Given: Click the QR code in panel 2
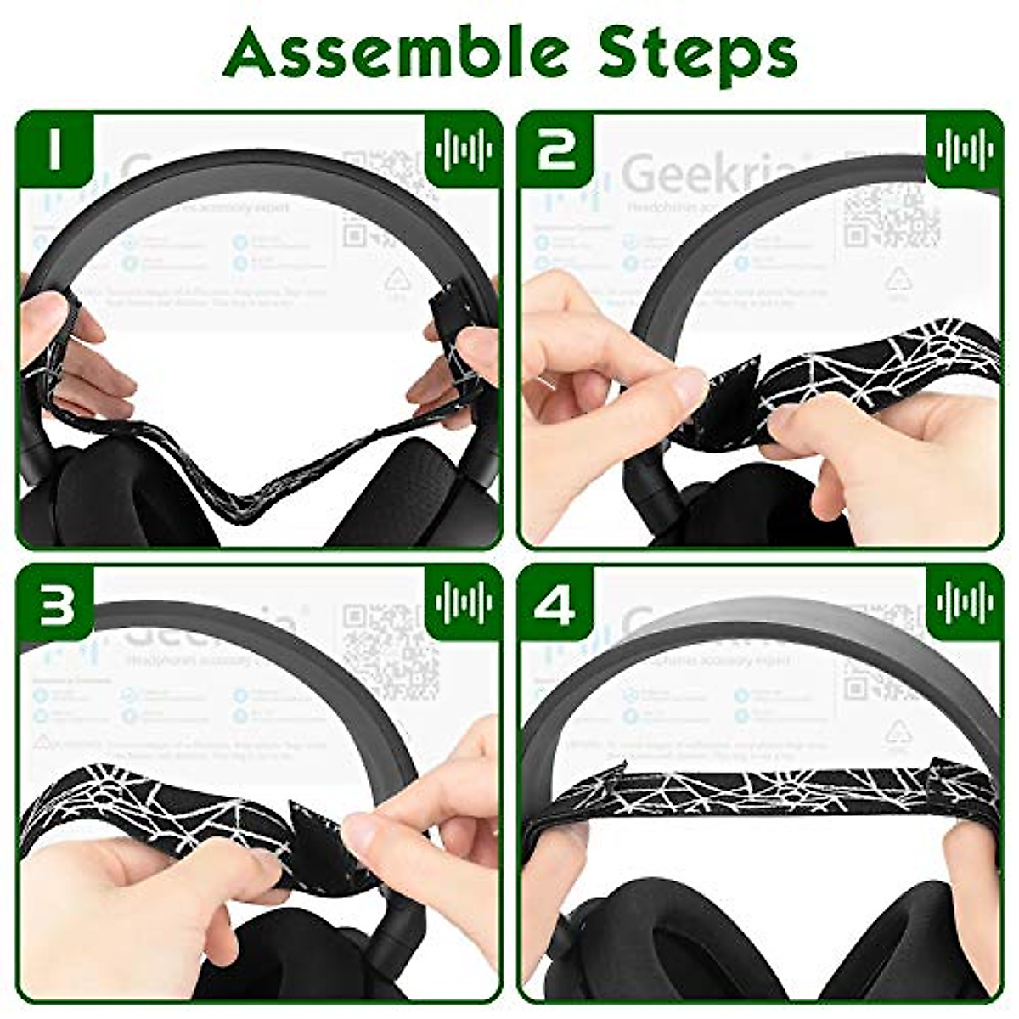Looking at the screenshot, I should [892, 212].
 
